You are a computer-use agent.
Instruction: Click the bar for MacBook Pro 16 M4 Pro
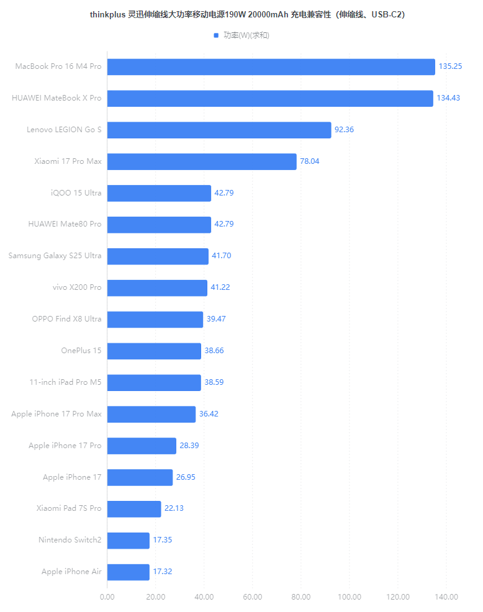click(x=271, y=66)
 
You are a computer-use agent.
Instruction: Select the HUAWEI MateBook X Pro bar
click(x=270, y=98)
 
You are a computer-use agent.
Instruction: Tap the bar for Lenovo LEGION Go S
click(x=219, y=130)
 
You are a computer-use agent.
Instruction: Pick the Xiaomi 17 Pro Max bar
click(x=202, y=161)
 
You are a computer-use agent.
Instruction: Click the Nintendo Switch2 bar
click(x=129, y=540)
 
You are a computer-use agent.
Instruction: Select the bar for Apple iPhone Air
click(x=129, y=572)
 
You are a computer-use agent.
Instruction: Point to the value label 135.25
click(x=450, y=66)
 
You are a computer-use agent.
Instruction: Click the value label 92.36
click(x=344, y=130)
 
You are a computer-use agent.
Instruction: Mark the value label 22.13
click(x=174, y=508)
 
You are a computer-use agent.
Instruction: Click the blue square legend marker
click(x=216, y=35)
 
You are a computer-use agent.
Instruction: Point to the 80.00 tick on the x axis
click(x=301, y=597)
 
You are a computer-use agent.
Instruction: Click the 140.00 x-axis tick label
click(x=446, y=597)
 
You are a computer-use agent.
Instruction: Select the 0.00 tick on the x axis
click(x=107, y=597)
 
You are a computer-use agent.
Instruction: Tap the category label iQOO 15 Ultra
click(x=76, y=193)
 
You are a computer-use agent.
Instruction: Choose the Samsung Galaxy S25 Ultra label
click(x=55, y=256)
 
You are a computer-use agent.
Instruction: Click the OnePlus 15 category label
click(x=81, y=351)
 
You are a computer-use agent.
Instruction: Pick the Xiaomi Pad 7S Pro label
click(x=68, y=508)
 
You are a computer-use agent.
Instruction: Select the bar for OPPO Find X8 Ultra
click(x=155, y=319)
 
